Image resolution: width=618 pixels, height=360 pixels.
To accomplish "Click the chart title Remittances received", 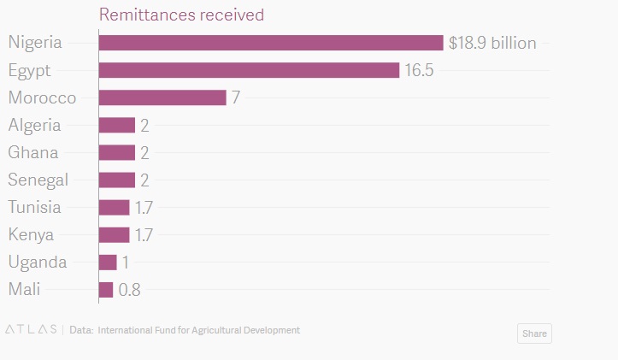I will pos(181,15).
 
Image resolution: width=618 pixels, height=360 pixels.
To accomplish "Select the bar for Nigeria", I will pos(271,43).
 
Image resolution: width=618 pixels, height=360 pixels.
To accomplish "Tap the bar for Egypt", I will pos(249,70).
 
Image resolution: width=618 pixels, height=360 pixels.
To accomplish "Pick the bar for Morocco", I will pos(162,97).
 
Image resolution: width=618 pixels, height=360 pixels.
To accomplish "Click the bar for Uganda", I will pos(108,263).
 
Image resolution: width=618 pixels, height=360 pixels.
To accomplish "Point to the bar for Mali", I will pos(106,290).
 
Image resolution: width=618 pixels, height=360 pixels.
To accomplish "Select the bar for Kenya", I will pos(114,235).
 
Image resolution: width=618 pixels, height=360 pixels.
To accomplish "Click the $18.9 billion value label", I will pos(492,43).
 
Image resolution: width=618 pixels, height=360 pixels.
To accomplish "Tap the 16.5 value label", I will pos(419,70).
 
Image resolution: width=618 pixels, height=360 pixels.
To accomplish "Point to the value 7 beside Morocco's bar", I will pos(235,97).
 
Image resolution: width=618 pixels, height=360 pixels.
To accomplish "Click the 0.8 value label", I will pos(129,290).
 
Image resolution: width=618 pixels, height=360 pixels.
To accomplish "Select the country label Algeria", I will pos(34,125).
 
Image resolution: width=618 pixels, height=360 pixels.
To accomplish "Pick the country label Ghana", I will pos(33,152).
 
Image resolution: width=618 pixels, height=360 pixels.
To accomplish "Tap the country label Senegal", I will pos(38,180).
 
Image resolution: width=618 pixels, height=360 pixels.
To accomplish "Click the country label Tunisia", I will pos(34,207).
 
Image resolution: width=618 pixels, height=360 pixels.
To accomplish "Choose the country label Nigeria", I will pos(35,43).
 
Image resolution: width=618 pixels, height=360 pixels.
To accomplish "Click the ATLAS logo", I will pos(31,329).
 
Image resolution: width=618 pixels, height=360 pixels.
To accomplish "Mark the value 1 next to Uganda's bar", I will pos(126,263).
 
